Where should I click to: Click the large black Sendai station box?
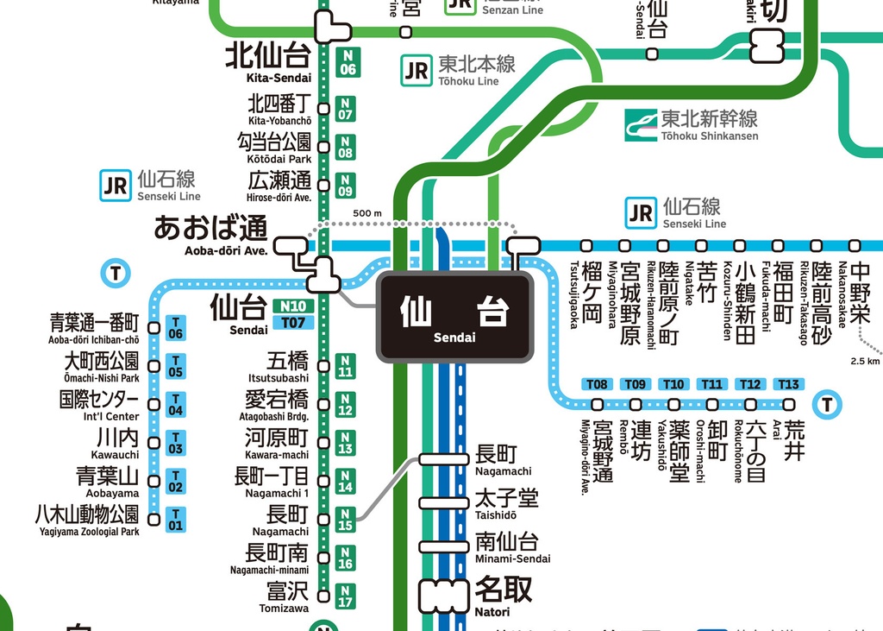(x=454, y=317)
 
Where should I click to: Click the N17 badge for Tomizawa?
(x=345, y=596)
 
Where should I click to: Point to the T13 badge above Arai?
(x=788, y=384)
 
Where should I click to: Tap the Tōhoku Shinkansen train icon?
(x=642, y=124)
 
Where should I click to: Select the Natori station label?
(x=504, y=595)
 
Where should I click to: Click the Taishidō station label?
(x=506, y=503)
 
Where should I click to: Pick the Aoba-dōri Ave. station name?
(x=212, y=234)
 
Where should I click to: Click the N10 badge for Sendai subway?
(x=293, y=306)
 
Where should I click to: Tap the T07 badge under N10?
(x=293, y=323)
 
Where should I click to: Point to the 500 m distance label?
(x=367, y=213)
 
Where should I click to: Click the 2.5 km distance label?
(x=864, y=361)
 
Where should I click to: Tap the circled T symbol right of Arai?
(x=828, y=403)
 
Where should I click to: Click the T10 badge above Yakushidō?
(x=673, y=384)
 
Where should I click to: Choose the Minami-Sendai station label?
(x=512, y=546)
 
